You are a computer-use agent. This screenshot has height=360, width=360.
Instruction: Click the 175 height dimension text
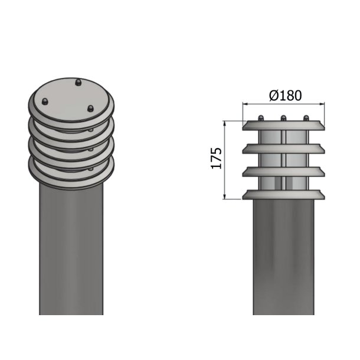(x=217, y=159)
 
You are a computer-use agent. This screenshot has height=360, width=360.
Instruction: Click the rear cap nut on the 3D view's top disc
(x=79, y=82)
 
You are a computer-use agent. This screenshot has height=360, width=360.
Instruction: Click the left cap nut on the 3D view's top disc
(x=44, y=101)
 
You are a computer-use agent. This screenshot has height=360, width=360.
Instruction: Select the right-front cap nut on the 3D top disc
(x=90, y=108)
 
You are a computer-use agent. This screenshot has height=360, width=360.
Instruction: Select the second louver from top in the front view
(x=283, y=149)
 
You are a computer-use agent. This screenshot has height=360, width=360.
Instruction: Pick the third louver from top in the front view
(x=283, y=171)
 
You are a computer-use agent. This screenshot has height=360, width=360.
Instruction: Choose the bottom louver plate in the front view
(x=283, y=194)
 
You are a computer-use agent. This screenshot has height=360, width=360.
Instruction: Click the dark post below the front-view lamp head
(x=283, y=260)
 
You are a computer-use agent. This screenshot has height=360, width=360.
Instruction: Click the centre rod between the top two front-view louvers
(x=283, y=137)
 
